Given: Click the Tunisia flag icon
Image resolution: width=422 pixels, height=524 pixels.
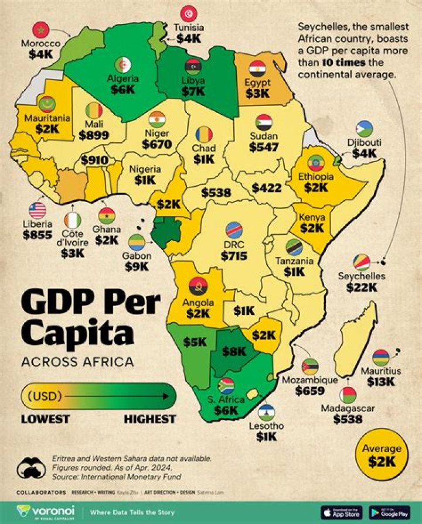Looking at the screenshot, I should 189,13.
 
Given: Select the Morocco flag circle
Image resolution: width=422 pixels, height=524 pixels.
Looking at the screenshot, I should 40,29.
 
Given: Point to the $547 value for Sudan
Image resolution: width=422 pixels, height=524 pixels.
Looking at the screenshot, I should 263,147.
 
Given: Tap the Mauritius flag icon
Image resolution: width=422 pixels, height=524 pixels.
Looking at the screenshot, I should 381,357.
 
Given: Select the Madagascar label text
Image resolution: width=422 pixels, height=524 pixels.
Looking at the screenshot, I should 347,407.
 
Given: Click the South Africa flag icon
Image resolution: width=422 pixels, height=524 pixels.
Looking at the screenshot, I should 226,385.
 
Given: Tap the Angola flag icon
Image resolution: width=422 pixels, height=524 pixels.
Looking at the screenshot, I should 198,286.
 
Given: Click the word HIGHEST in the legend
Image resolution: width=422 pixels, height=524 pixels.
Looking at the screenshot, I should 149,419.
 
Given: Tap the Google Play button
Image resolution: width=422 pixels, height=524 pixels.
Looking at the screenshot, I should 390,512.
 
